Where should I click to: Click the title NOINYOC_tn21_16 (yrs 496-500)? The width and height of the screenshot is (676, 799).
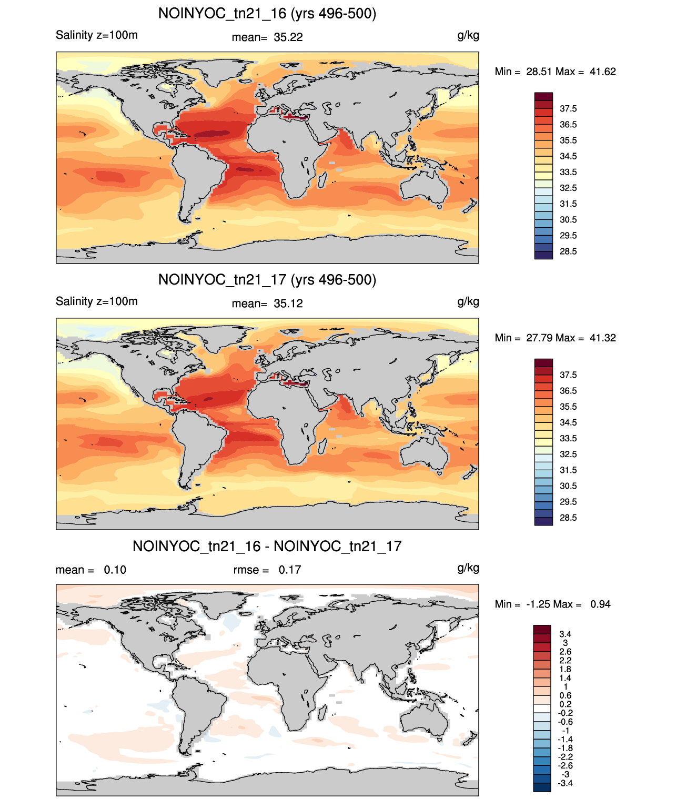coord(267,14)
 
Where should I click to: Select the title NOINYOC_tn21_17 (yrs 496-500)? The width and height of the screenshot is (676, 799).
coord(267,280)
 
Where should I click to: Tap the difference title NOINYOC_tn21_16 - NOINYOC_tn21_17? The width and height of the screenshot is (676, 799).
coord(267,546)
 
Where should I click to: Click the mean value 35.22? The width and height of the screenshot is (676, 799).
coord(288,37)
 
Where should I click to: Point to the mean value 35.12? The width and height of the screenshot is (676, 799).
coord(288,304)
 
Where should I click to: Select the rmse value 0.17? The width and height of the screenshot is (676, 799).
coord(289,570)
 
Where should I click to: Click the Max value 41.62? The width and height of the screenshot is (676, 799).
coord(602,72)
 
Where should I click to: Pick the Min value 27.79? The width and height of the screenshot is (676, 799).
coord(539,338)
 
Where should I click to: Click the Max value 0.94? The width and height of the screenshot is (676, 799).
coord(600,604)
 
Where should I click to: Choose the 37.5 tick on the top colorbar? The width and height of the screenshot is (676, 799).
coord(568,109)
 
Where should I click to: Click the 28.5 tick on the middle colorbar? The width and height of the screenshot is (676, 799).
coord(568,518)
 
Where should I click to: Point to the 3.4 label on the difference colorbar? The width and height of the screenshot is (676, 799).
coord(565,634)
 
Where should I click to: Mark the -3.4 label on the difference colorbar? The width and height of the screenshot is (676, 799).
coord(565,784)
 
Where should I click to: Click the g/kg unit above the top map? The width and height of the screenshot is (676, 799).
coord(468,36)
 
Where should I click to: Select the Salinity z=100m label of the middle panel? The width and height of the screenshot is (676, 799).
coord(97,301)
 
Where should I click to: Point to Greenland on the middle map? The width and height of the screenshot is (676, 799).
coord(226,336)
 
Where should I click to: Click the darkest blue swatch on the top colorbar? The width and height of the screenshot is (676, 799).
coord(543,255)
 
